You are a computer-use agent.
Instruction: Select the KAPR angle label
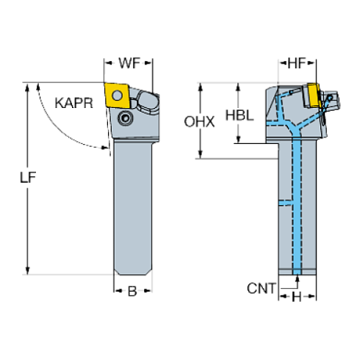click(x=73, y=104)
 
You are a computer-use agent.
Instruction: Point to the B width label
click(x=132, y=292)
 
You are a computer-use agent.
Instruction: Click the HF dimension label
click(x=297, y=65)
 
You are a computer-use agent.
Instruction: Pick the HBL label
click(x=239, y=115)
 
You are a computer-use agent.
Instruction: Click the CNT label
click(x=261, y=288)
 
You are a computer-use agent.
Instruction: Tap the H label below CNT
click(x=298, y=297)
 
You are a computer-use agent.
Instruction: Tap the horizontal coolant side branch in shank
click(x=287, y=202)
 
